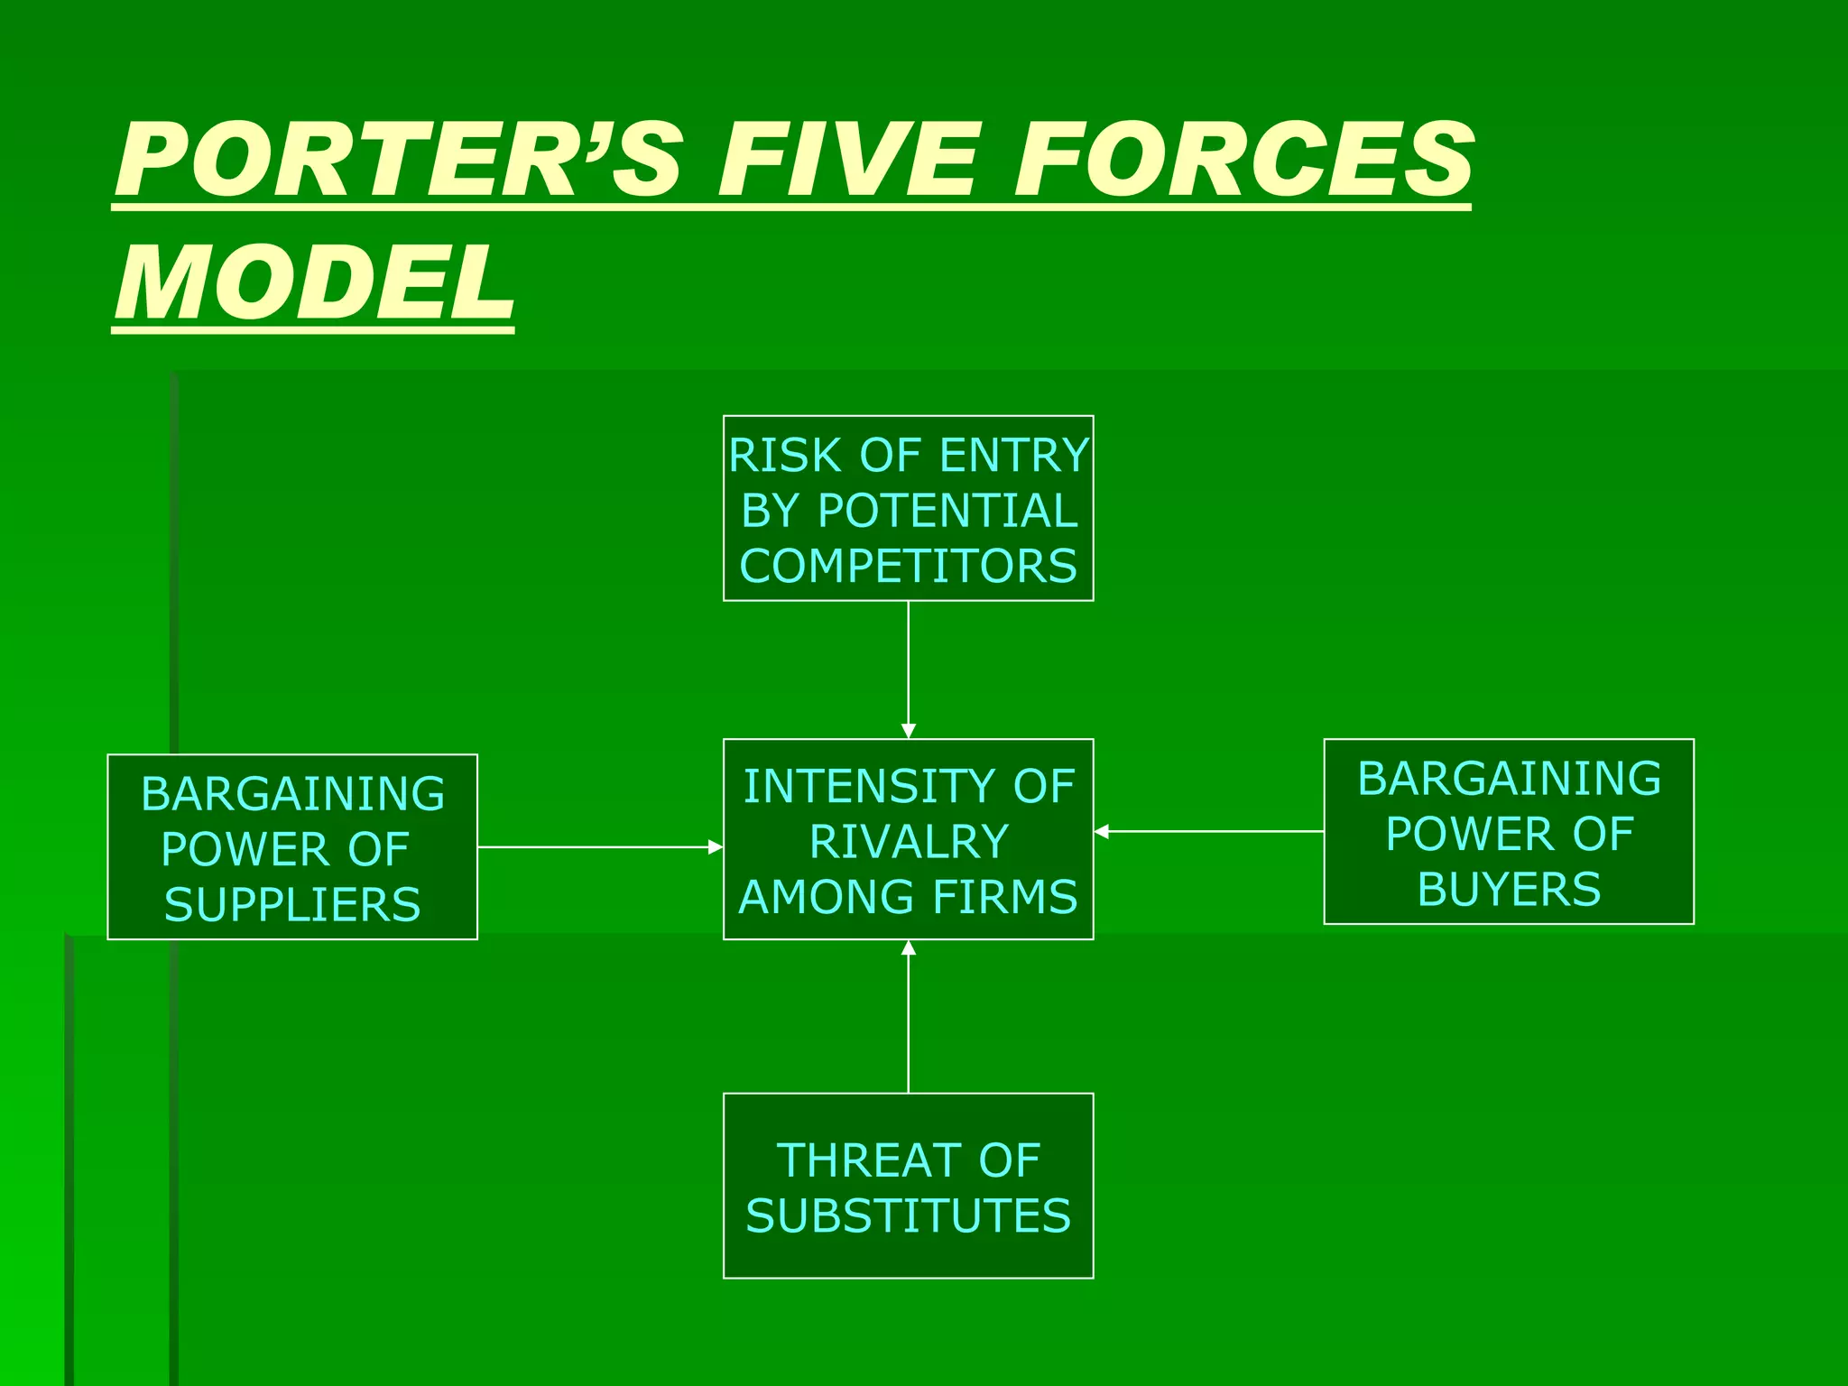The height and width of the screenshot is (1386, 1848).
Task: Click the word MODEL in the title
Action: click(x=314, y=283)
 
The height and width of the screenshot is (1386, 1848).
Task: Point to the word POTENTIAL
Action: click(x=947, y=511)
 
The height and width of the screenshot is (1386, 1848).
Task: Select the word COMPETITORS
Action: click(x=908, y=567)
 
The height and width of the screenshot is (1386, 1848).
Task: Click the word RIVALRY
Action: click(x=908, y=842)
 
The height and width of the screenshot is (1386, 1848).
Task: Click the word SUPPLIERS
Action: click(x=292, y=905)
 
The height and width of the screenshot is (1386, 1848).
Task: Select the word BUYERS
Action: click(x=1509, y=890)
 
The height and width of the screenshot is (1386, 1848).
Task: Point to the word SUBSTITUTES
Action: click(x=908, y=1216)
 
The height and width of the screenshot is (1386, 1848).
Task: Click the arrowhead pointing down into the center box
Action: click(x=909, y=730)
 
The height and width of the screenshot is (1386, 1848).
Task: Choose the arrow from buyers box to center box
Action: click(x=1209, y=832)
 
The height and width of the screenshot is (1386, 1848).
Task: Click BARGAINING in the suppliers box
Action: click(x=292, y=794)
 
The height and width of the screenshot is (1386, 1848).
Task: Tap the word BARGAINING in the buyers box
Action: click(x=1509, y=779)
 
